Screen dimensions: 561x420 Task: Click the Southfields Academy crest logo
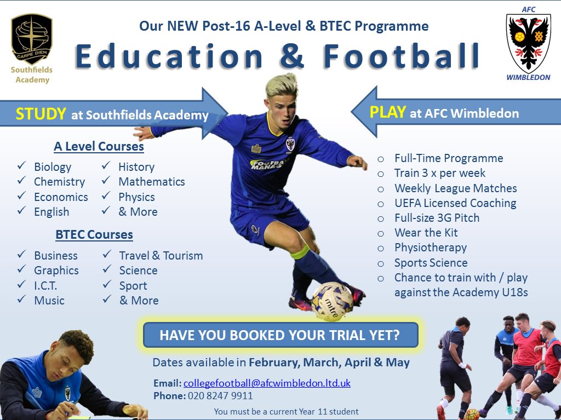pyautogui.click(x=32, y=39)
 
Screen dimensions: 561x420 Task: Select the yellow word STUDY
pyautogui.click(x=41, y=114)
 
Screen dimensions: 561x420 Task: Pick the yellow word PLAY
pyautogui.click(x=387, y=112)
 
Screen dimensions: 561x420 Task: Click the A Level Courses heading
pyautogui.click(x=99, y=146)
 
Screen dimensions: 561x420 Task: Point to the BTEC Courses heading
pyautogui.click(x=94, y=235)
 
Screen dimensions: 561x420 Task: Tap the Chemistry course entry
pyautogui.click(x=59, y=182)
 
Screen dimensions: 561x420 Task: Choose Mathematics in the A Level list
pyautogui.click(x=152, y=182)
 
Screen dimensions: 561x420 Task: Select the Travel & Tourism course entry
pyautogui.click(x=161, y=255)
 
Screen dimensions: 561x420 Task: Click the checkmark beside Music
pyautogui.click(x=22, y=299)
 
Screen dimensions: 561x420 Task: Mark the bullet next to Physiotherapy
pyautogui.click(x=381, y=248)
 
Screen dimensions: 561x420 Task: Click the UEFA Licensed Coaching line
pyautogui.click(x=455, y=203)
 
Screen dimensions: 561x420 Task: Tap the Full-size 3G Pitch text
pyautogui.click(x=437, y=218)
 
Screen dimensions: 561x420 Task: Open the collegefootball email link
pyautogui.click(x=267, y=383)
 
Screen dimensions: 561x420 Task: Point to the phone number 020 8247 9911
pyautogui.click(x=220, y=396)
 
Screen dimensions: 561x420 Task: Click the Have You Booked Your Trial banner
pyautogui.click(x=280, y=335)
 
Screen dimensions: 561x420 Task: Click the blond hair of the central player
pyautogui.click(x=282, y=85)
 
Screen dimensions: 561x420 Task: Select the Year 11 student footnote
pyautogui.click(x=286, y=412)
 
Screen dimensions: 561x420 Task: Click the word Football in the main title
pyautogui.click(x=402, y=56)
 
